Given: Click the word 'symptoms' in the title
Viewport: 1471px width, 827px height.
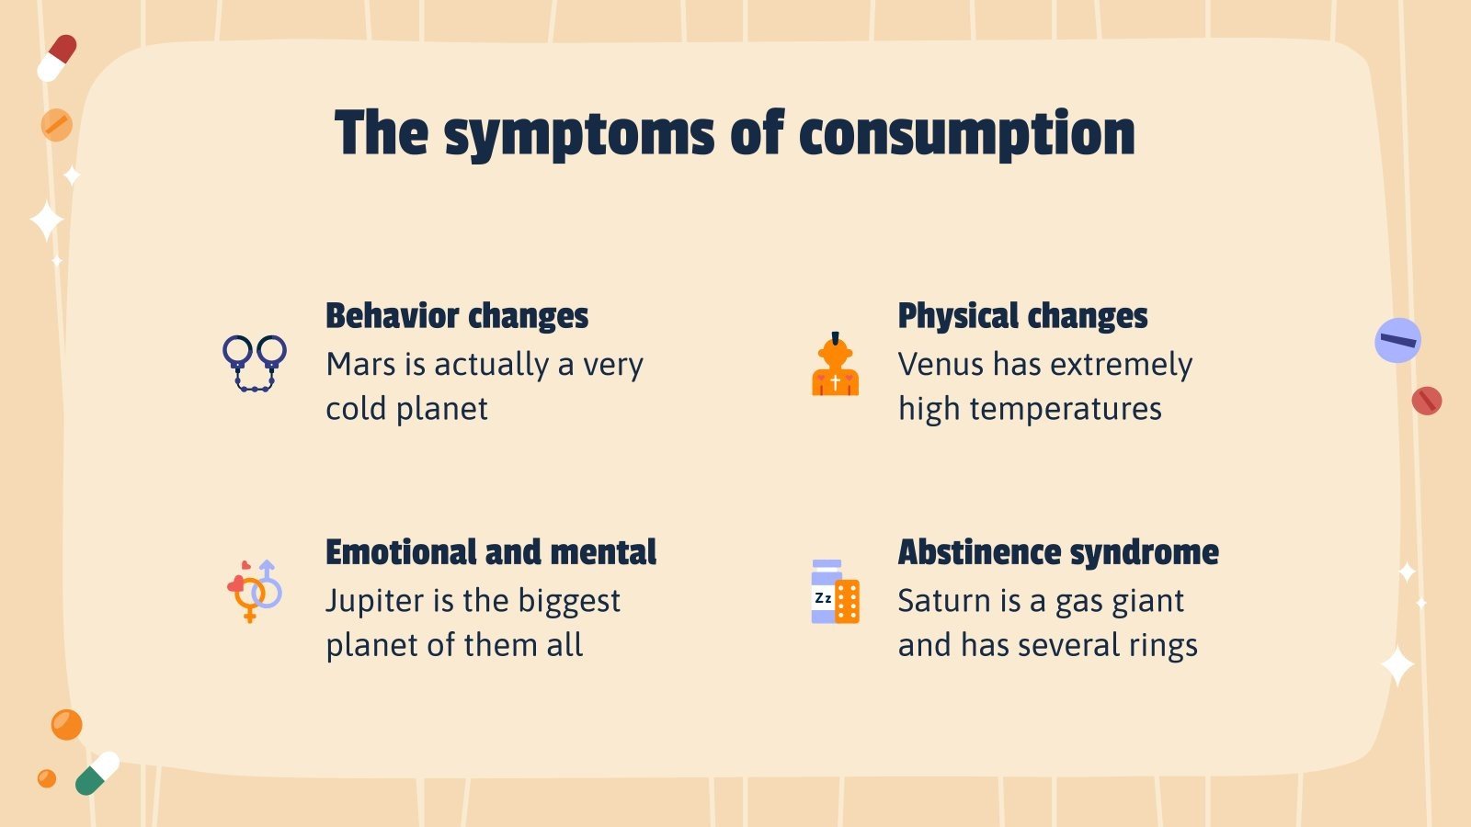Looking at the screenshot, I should pyautogui.click(x=578, y=134).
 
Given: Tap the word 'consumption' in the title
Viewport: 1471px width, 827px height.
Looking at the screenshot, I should pyautogui.click(x=966, y=134).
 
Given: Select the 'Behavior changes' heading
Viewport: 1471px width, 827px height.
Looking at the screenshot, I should pyautogui.click(x=457, y=315).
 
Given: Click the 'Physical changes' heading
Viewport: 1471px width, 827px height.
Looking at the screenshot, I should pyautogui.click(x=1022, y=315).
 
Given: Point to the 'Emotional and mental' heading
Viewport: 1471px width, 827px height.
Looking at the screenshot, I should pyautogui.click(x=491, y=552).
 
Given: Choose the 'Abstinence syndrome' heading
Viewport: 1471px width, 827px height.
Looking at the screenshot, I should pyautogui.click(x=1058, y=552).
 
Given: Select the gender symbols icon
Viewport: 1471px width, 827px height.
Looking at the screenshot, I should pyautogui.click(x=254, y=590).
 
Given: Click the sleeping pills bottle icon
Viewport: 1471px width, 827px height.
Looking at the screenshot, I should pyautogui.click(x=835, y=592).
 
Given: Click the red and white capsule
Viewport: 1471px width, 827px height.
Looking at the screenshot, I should pyautogui.click(x=57, y=58).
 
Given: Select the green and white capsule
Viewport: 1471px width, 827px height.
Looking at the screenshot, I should pyautogui.click(x=97, y=773).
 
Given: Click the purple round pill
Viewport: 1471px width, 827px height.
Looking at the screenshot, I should pyautogui.click(x=1397, y=341).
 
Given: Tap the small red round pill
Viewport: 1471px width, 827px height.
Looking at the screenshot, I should pyautogui.click(x=1426, y=401).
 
